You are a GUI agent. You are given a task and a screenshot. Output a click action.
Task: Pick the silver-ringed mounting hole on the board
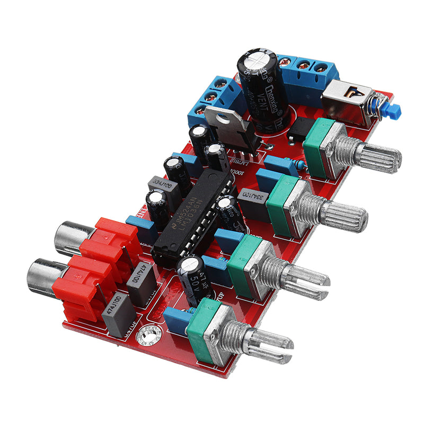[146, 334]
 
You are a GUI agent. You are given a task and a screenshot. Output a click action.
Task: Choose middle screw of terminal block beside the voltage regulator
[210, 96]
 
